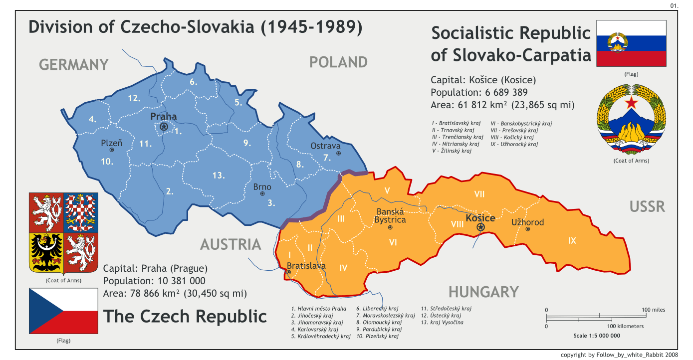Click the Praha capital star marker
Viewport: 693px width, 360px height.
click(x=164, y=127)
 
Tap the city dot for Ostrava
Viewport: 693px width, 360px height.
click(x=338, y=153)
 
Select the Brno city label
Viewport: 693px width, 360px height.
click(x=262, y=187)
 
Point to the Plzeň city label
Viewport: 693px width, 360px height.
click(x=112, y=143)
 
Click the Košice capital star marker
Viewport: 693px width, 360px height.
click(x=480, y=227)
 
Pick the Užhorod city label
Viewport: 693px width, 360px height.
click(x=527, y=222)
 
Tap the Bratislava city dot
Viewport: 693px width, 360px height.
click(x=289, y=272)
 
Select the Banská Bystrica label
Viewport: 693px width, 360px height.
click(x=391, y=215)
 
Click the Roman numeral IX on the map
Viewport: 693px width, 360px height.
click(x=572, y=241)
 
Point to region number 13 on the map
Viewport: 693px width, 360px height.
click(x=218, y=175)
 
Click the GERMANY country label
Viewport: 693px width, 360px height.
click(x=74, y=65)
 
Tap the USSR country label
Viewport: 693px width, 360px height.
click(x=647, y=206)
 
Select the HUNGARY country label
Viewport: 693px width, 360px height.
click(x=483, y=292)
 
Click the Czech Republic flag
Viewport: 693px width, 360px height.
click(x=63, y=312)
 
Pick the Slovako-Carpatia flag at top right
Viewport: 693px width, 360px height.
click(x=631, y=43)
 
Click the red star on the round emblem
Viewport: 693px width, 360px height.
click(x=632, y=103)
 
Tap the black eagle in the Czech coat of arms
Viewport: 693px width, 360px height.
click(x=46, y=252)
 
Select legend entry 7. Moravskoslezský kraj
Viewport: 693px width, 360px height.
click(x=386, y=316)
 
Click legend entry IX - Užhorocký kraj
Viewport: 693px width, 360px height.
click(x=514, y=145)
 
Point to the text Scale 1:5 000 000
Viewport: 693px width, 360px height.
click(x=597, y=336)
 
